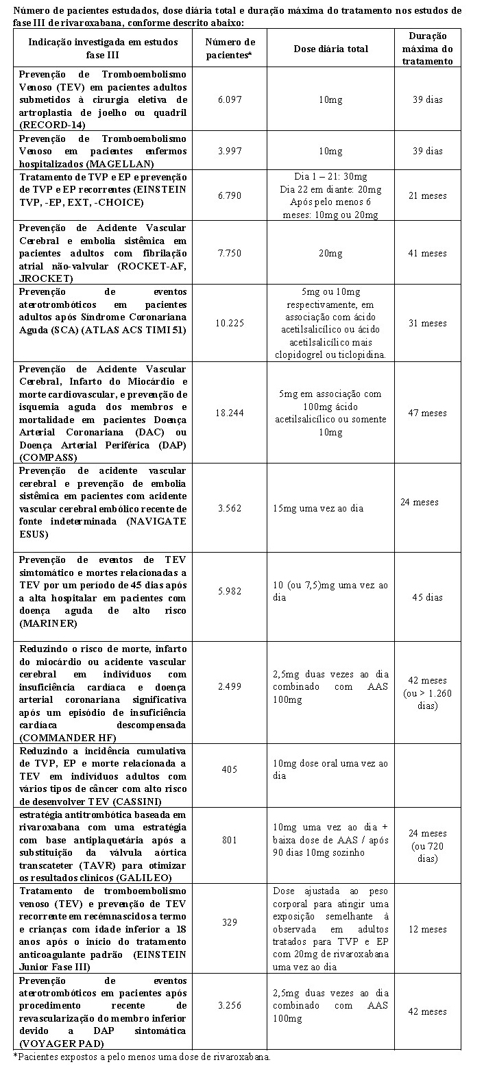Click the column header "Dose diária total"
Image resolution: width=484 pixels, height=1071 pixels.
click(x=330, y=49)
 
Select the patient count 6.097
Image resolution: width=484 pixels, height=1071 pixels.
click(x=230, y=99)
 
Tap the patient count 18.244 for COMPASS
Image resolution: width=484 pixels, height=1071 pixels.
click(x=230, y=413)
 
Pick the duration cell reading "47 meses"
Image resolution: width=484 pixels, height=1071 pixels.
click(x=427, y=413)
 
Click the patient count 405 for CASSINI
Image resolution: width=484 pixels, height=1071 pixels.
click(x=230, y=769)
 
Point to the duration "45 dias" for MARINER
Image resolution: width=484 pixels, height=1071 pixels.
click(x=427, y=597)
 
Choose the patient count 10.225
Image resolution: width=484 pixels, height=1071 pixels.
click(x=230, y=323)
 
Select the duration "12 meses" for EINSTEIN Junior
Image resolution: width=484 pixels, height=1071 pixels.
click(x=427, y=929)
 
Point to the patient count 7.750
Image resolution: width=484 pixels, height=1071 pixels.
click(x=230, y=253)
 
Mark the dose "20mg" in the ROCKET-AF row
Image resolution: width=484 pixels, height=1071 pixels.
click(x=330, y=253)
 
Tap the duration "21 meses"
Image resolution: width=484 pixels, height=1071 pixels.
click(x=427, y=195)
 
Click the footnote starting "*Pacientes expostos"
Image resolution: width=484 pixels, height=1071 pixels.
click(x=142, y=1057)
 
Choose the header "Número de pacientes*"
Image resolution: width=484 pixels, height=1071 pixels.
click(x=230, y=49)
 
